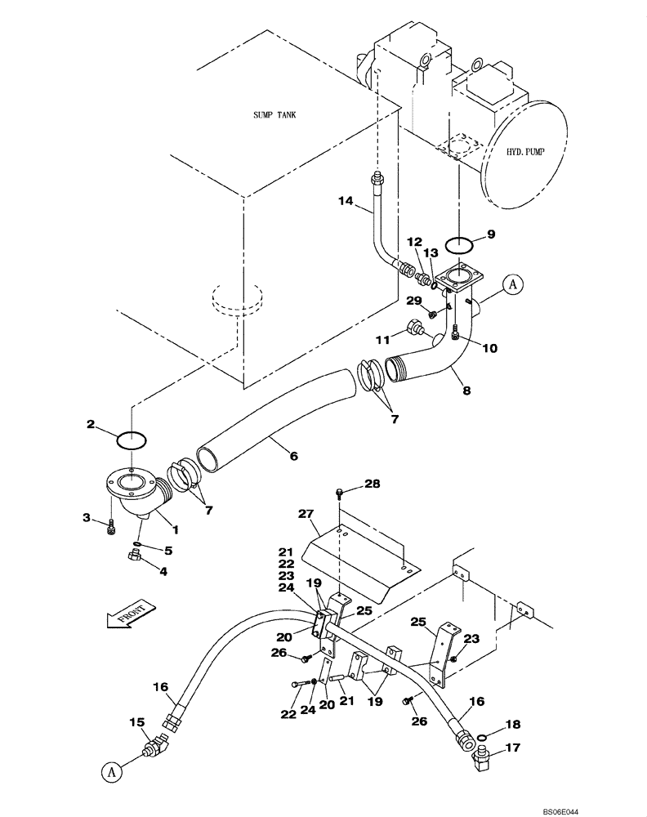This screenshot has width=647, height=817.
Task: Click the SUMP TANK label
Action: click(x=274, y=115)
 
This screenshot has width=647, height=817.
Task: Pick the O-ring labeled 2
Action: click(x=131, y=440)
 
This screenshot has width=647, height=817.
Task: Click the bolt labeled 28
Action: click(x=341, y=493)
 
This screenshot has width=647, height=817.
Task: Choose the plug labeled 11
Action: click(x=414, y=330)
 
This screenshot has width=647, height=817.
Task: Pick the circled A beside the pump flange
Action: click(x=512, y=284)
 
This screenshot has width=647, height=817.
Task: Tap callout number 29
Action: click(x=416, y=302)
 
